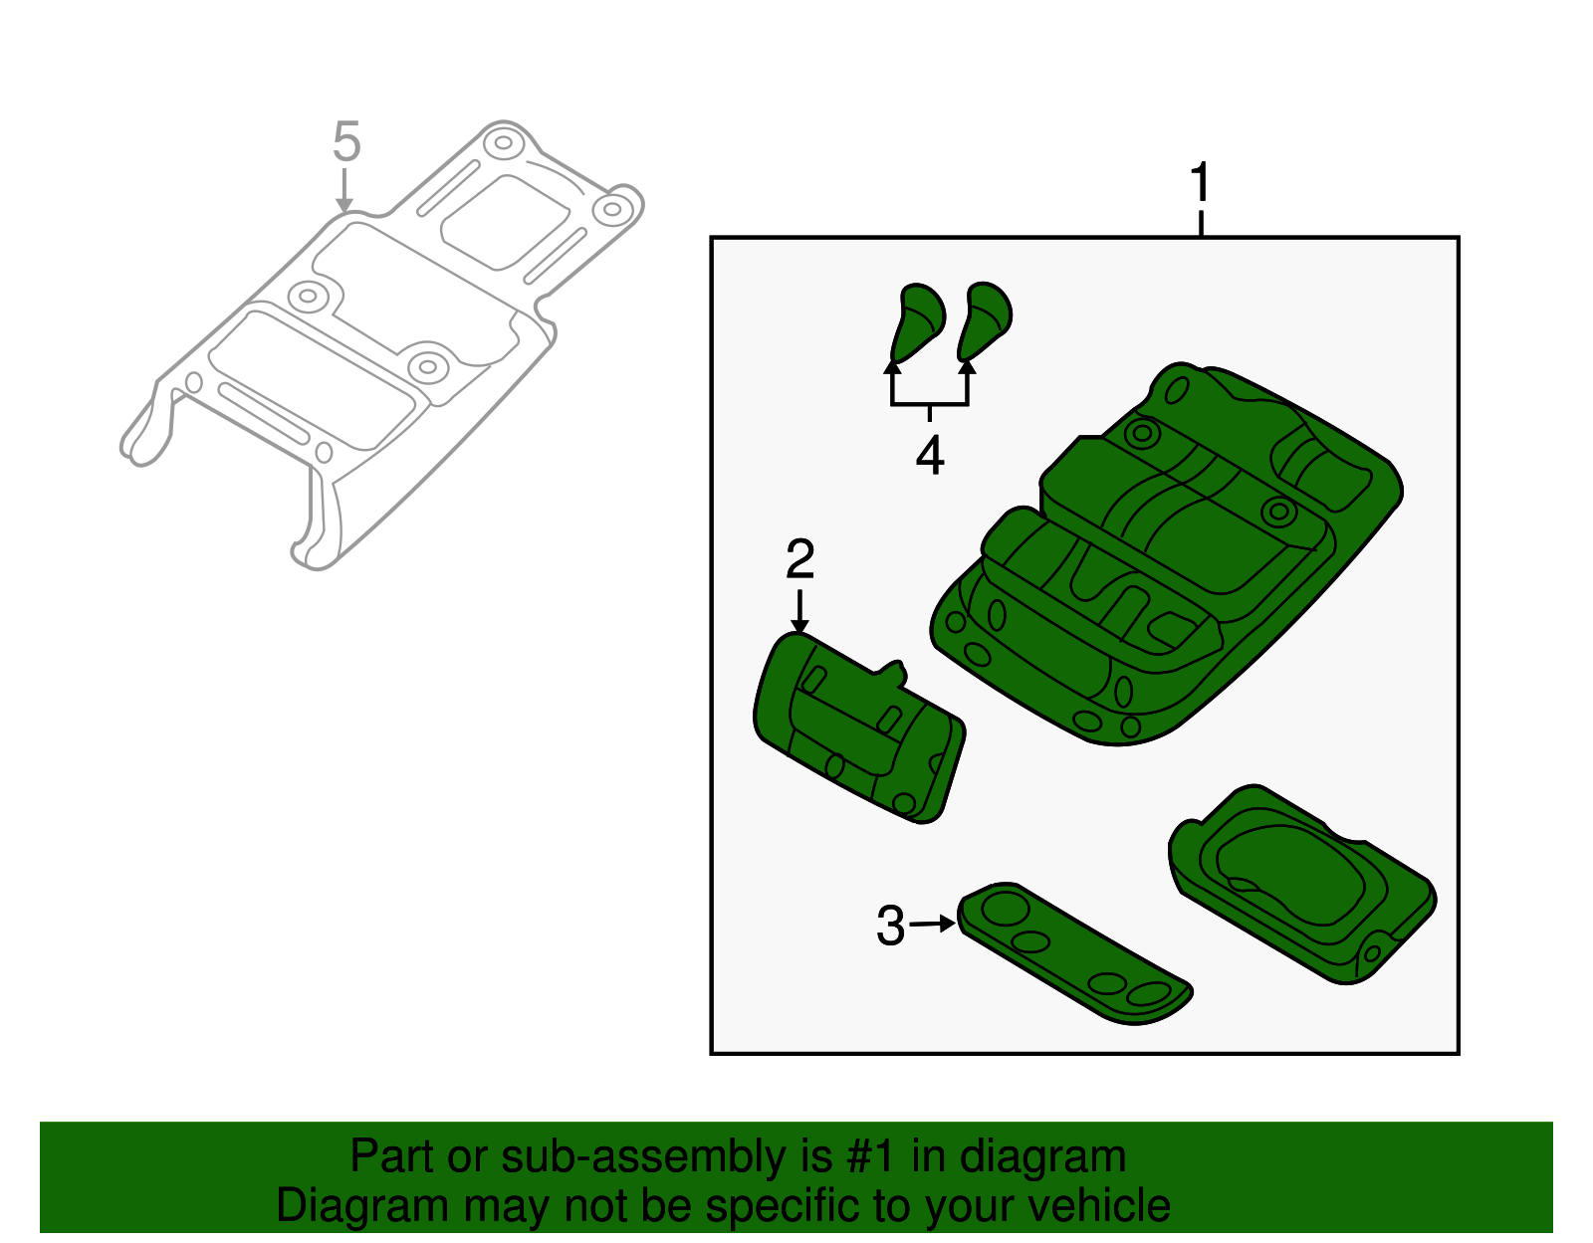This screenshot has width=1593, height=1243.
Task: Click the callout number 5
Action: pos(345,142)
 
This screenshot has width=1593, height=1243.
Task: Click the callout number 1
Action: pos(1201,183)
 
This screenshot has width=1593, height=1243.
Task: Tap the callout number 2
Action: pos(799,559)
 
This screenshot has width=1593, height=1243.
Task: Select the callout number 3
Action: pos(890,926)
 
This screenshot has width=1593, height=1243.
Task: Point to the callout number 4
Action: pos(930,456)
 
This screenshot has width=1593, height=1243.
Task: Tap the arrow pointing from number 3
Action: pos(934,924)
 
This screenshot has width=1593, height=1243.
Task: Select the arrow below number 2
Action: pos(799,610)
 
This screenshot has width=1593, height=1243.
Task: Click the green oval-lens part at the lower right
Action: pos(1300,881)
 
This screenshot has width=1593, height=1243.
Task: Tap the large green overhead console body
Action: pos(1165,557)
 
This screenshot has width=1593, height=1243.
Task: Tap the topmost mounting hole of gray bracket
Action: pos(504,142)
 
